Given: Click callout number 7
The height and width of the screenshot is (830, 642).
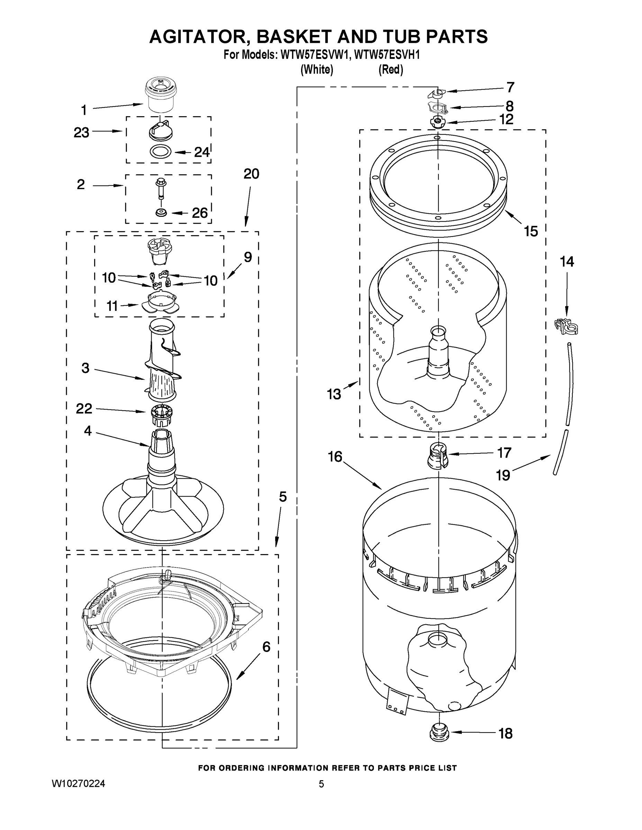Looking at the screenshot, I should (x=510, y=87).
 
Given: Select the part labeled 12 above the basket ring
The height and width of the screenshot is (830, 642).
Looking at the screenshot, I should (x=437, y=122).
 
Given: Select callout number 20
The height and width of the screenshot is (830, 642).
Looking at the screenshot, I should (x=251, y=174).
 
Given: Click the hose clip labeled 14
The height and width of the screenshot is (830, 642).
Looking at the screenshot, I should (x=566, y=326).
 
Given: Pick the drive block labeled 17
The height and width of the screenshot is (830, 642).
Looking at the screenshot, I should (x=438, y=456).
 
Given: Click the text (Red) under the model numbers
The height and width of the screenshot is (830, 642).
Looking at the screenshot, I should (x=391, y=70).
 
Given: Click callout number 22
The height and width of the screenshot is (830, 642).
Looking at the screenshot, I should (x=84, y=408).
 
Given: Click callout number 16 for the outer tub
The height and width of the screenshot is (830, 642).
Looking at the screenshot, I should (x=335, y=457).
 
